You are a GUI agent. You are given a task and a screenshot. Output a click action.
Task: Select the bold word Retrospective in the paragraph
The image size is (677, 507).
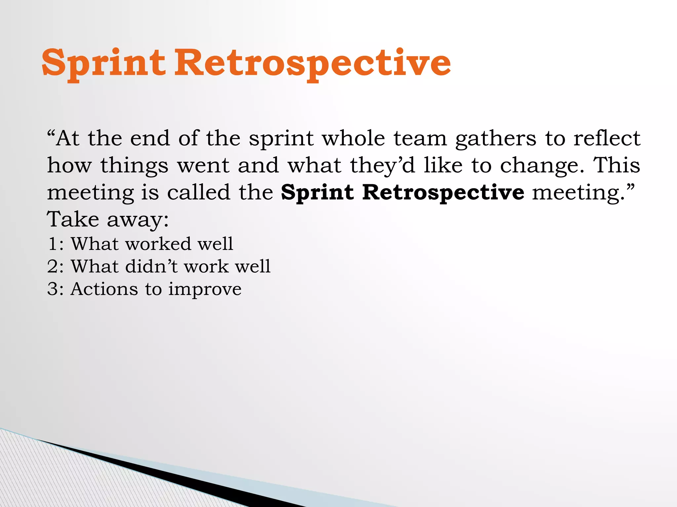point(443,192)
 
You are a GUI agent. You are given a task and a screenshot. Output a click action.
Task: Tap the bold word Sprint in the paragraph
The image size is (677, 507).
point(317,192)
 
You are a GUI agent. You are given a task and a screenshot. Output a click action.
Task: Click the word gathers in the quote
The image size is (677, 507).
point(496,139)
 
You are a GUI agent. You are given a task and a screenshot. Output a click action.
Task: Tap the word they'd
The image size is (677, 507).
point(382,166)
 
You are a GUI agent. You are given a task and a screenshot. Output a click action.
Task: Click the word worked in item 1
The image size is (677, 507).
point(159,244)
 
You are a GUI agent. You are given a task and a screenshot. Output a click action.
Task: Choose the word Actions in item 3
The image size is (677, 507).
point(104,289)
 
